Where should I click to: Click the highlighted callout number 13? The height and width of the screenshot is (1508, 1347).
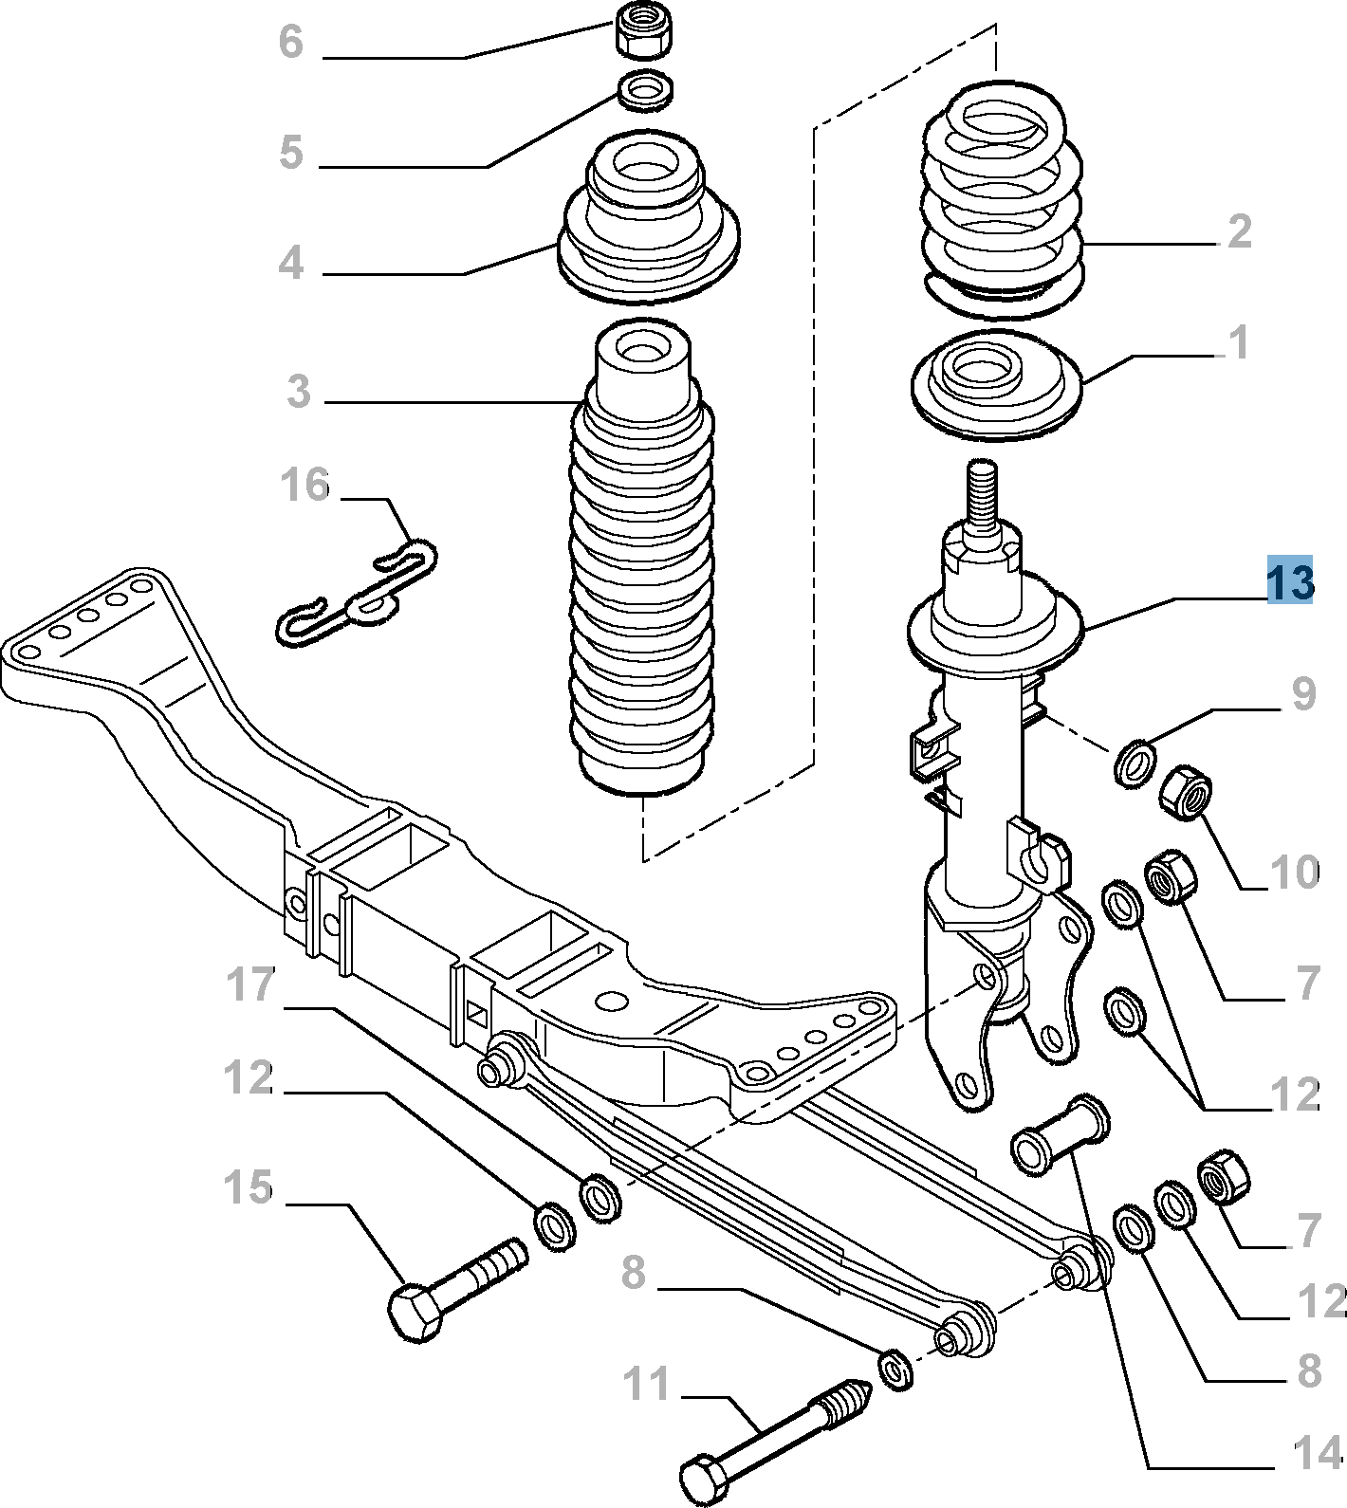1290,581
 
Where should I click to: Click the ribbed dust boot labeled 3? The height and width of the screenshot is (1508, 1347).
641,569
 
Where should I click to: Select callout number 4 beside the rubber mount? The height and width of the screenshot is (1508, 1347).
291,263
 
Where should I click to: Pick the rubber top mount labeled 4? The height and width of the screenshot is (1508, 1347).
648,228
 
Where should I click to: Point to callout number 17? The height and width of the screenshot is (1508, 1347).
251,985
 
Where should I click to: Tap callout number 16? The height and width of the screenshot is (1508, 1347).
304,485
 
